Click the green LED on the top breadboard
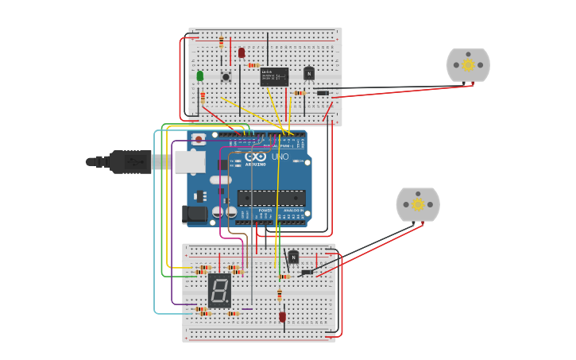click(199, 75)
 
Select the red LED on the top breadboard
click(242, 52)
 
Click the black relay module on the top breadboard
click(274, 76)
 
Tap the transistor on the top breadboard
click(309, 73)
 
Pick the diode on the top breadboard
click(323, 93)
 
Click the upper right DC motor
click(468, 65)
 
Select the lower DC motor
click(418, 204)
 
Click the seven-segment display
click(219, 290)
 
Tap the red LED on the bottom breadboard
click(282, 316)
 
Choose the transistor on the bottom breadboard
click(293, 257)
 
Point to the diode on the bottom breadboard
click(307, 273)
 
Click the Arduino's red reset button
click(199, 139)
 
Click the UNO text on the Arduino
click(280, 157)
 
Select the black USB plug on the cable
click(131, 161)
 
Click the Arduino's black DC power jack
click(195, 214)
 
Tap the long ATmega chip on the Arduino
click(271, 198)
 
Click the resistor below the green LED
click(203, 97)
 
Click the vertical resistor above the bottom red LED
click(280, 296)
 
